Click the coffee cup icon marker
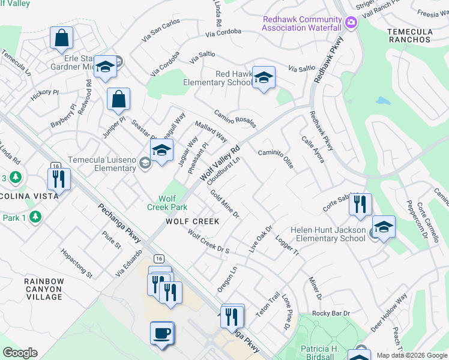[x=161, y=333]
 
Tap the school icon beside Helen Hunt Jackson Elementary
[x=384, y=227]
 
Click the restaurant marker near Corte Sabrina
[x=360, y=204]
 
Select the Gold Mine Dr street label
[x=224, y=205]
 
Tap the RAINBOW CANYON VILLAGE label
[x=44, y=289]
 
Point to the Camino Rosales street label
[x=235, y=118]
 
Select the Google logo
[x=19, y=353]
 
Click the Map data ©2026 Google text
[x=411, y=355]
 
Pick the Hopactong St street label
[x=76, y=264]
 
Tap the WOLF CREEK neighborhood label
[x=193, y=221]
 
